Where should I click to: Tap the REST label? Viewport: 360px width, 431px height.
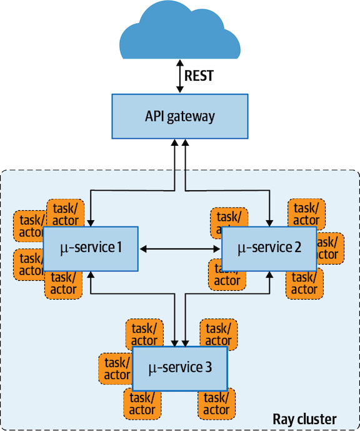[x=199, y=76]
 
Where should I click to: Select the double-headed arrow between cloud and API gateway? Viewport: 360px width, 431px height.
[x=179, y=76]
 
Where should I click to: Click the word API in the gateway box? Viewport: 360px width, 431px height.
[x=156, y=116]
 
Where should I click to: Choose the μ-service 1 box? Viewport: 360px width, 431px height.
[x=91, y=248]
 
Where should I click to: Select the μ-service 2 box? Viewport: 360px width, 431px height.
[x=269, y=248]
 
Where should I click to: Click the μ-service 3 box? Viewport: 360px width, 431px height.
[x=179, y=368]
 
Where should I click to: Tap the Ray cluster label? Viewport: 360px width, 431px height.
[x=305, y=418]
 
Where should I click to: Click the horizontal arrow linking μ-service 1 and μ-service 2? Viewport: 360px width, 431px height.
[x=180, y=249]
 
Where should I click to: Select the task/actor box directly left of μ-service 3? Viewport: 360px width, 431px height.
[x=116, y=368]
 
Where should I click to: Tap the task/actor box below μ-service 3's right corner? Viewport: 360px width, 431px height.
[x=216, y=403]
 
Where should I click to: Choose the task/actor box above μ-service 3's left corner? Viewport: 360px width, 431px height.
[x=144, y=333]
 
